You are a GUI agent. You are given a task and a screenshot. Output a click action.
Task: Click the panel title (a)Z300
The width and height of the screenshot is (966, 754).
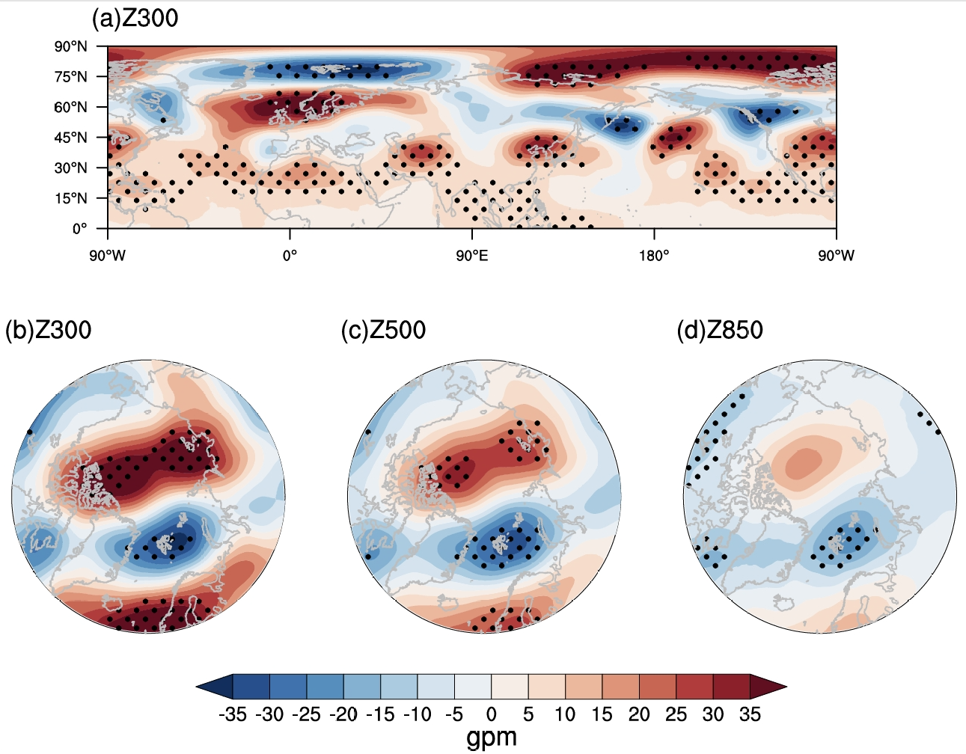coord(135,18)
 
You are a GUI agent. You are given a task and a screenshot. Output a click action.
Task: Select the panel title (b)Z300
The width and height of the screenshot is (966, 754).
coord(48,330)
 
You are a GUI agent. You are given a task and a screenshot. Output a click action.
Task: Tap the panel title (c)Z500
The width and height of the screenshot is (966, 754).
coord(383,330)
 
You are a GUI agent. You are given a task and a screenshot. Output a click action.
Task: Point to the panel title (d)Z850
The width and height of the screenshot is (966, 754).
coord(720,330)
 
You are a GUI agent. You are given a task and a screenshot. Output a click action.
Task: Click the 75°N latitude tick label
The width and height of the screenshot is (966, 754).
coord(70,77)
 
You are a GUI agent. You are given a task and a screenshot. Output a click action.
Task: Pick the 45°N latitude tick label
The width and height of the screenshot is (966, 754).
coord(70,138)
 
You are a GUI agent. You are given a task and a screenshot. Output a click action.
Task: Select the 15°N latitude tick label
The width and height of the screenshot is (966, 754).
coord(70,198)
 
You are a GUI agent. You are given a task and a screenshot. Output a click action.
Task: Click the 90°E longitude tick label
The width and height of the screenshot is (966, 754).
coord(471,256)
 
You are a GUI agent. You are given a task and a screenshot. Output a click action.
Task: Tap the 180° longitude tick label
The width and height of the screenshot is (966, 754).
coord(654,256)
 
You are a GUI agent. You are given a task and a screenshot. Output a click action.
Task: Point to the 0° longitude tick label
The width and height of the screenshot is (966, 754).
coord(290,256)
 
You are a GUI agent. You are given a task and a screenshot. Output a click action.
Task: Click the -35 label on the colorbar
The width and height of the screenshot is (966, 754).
coord(233,714)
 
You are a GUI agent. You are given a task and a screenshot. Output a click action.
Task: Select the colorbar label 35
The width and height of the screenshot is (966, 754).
coord(750,714)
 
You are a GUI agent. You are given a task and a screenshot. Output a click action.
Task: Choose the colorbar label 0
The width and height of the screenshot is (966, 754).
coord(492,714)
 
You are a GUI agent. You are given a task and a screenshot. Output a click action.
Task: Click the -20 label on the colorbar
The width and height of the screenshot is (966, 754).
coord(343,714)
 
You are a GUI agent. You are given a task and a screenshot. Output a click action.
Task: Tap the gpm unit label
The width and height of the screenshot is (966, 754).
coord(492,738)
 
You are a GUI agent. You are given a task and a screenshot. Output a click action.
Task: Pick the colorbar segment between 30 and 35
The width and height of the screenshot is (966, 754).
coord(731,686)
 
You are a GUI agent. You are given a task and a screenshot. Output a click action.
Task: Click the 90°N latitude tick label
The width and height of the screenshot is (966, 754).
coord(70,46)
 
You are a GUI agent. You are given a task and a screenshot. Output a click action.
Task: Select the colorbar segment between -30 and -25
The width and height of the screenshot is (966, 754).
coord(288,686)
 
